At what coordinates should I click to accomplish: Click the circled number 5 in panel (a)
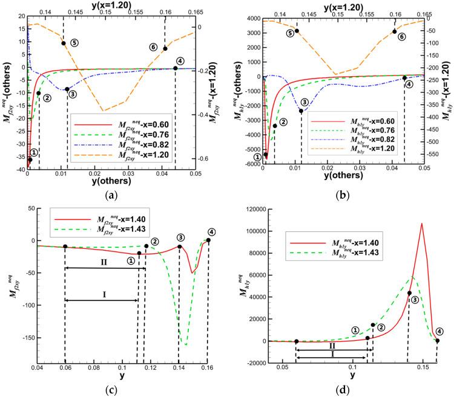click(x=74, y=43)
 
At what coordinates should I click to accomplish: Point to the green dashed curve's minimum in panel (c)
click(x=185, y=345)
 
